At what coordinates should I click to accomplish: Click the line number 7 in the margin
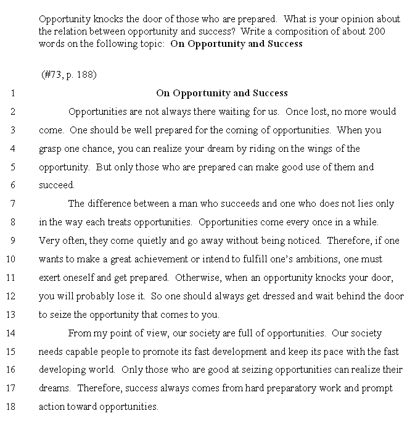coord(12,204)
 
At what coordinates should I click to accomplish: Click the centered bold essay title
coord(222,93)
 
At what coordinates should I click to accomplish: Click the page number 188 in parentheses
coord(84,75)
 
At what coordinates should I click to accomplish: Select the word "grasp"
coord(51,149)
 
